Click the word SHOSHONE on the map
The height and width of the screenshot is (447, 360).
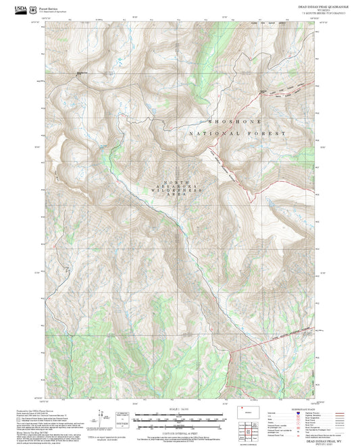236,121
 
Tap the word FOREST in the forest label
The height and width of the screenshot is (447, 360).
269,134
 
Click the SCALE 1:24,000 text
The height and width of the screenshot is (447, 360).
178,409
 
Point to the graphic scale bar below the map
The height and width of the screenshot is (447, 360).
178,417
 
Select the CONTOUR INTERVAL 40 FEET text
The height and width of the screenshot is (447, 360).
178,429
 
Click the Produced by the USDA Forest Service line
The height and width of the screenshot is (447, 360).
34,409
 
